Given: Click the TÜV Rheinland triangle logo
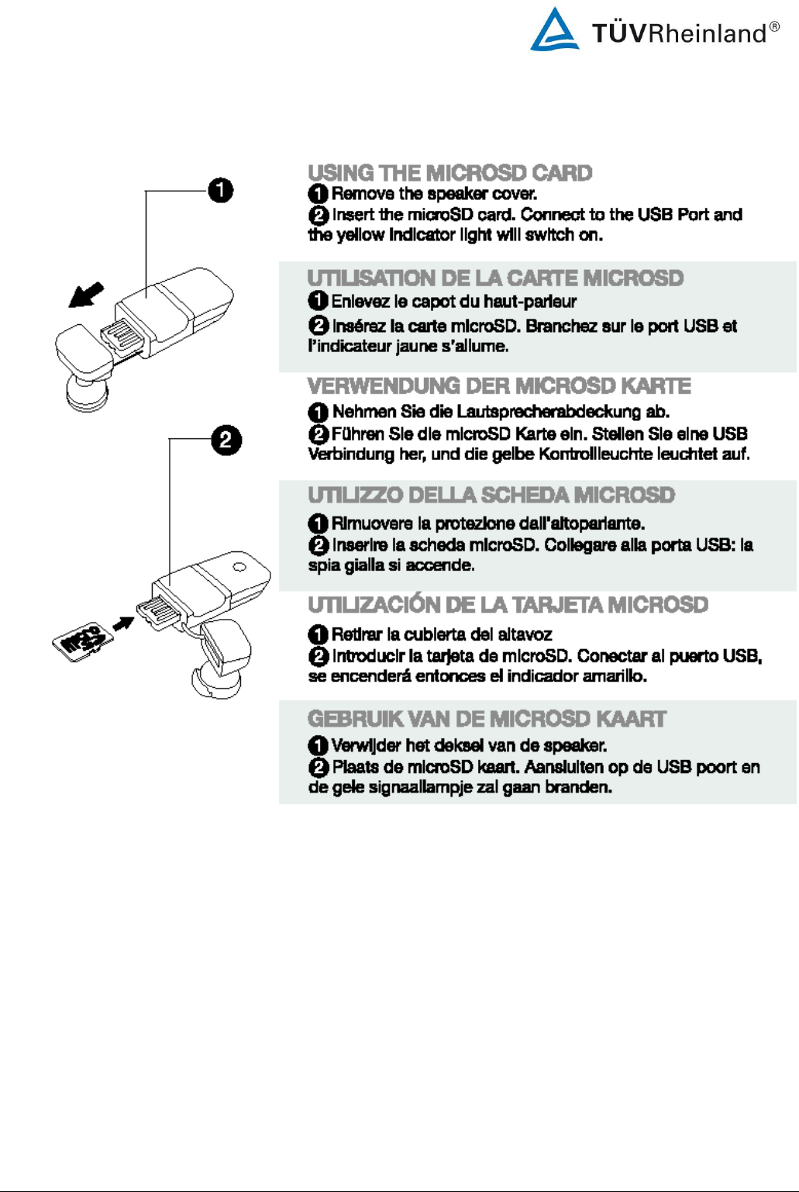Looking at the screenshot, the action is [554, 30].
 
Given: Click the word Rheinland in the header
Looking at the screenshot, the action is [706, 33].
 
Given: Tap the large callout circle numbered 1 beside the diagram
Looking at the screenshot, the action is [221, 190].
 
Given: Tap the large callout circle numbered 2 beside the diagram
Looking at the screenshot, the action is [226, 441].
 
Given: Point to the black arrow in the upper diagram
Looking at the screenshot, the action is [86, 295].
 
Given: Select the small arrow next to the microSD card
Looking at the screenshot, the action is [124, 624].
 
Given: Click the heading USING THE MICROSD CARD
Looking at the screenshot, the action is [449, 173].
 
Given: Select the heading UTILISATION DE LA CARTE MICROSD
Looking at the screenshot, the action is [495, 278].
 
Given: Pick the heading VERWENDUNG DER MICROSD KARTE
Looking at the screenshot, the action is [499, 386].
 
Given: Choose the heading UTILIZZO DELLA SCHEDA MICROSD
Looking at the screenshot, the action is [491, 495].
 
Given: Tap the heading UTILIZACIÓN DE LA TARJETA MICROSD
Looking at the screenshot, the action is [508, 605].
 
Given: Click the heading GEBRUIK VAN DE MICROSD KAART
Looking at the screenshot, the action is [487, 719].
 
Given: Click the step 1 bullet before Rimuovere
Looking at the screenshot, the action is [318, 523].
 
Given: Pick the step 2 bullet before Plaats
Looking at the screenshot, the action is [319, 768].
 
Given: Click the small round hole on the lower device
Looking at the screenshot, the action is [239, 567].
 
